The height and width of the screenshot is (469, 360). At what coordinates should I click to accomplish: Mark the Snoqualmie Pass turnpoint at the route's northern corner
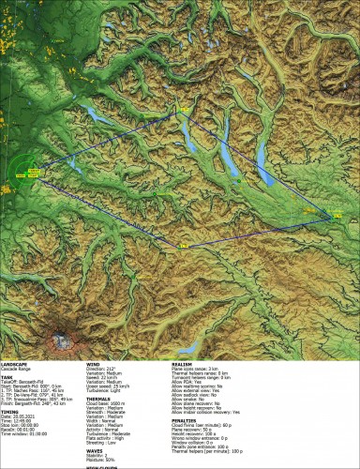[186, 111]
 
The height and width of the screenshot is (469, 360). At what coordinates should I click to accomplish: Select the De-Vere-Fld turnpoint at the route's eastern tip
[331, 217]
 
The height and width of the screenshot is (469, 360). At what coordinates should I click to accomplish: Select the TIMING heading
[10, 411]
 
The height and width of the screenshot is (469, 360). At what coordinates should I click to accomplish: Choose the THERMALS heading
[98, 398]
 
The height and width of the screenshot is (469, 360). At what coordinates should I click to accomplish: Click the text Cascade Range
[18, 369]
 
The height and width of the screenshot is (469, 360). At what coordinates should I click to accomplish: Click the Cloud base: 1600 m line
[109, 403]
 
